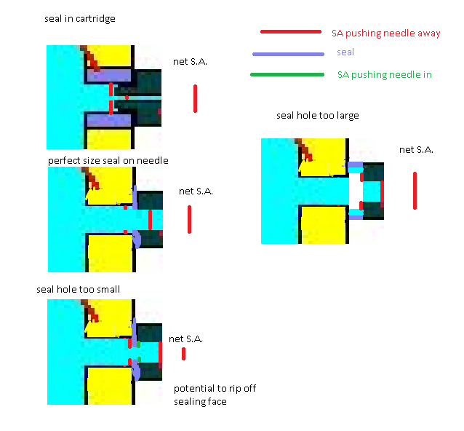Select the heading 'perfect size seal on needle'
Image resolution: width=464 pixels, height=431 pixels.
coord(108,160)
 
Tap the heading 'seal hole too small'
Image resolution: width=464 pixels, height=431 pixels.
coord(78,289)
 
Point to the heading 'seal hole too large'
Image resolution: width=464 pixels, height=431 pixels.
coord(317,116)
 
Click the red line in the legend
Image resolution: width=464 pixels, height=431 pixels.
coord(290,32)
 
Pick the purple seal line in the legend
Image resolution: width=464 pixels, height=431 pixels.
coord(288,54)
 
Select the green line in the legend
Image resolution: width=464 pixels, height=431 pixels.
coord(287,74)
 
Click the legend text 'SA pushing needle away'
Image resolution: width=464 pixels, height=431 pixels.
coord(385,33)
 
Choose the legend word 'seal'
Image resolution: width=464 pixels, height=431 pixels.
coord(345,53)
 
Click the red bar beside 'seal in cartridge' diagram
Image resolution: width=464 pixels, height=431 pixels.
coord(195,98)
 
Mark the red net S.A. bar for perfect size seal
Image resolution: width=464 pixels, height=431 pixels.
coord(189,219)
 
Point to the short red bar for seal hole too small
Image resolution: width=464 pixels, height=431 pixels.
coord(183,354)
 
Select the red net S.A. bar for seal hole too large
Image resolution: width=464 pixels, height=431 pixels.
coord(415,190)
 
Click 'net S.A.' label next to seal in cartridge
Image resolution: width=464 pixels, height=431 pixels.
coord(190,62)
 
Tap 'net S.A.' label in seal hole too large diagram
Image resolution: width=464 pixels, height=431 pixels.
coord(416,150)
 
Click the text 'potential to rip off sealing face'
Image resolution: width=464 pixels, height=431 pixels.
coord(215,395)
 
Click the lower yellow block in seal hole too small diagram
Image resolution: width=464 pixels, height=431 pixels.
coord(110,386)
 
